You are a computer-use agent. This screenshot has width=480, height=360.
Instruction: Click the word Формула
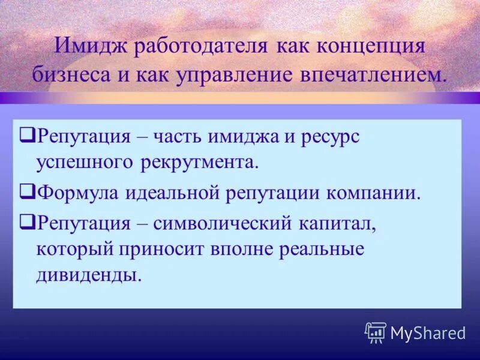[77, 193]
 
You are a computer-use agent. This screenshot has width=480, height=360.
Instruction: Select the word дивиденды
[89, 275]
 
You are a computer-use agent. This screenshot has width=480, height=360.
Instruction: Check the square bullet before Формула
[26, 192]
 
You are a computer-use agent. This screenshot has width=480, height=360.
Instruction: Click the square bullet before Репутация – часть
[26, 136]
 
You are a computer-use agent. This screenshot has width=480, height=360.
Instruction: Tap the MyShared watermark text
[428, 333]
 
